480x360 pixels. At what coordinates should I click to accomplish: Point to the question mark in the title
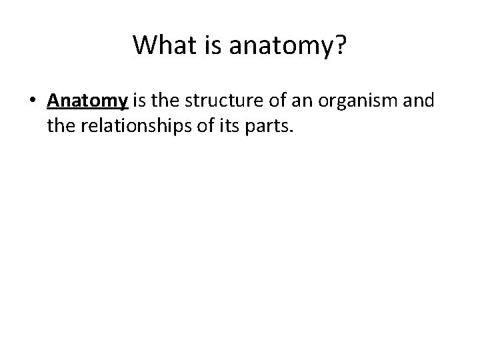click(x=339, y=45)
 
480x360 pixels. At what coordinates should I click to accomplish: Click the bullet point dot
click(x=32, y=102)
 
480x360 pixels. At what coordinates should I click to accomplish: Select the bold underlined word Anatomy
click(x=87, y=101)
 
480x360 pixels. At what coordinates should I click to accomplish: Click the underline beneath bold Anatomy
click(x=87, y=109)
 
